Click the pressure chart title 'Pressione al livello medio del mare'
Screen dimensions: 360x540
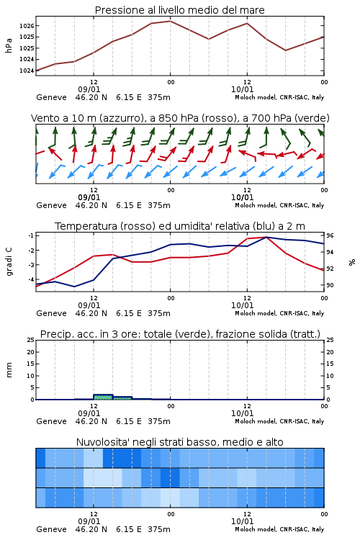point(179,10)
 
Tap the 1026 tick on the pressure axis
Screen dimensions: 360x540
point(27,26)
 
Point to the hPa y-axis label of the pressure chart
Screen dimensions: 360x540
point(9,45)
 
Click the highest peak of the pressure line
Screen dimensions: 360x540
point(170,21)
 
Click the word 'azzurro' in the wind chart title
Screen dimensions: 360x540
point(120,118)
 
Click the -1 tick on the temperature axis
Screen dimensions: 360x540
point(31,235)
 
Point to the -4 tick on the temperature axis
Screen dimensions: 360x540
point(31,279)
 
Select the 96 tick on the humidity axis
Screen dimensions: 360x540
point(330,235)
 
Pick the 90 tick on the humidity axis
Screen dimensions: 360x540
point(330,285)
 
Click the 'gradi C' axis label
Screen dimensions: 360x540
point(9,262)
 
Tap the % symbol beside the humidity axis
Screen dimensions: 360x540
point(352,262)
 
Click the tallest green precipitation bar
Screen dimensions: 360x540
point(103,397)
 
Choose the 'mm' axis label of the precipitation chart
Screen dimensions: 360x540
point(9,370)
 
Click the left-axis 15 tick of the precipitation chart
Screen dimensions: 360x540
point(31,364)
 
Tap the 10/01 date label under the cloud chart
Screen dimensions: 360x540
point(242,521)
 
